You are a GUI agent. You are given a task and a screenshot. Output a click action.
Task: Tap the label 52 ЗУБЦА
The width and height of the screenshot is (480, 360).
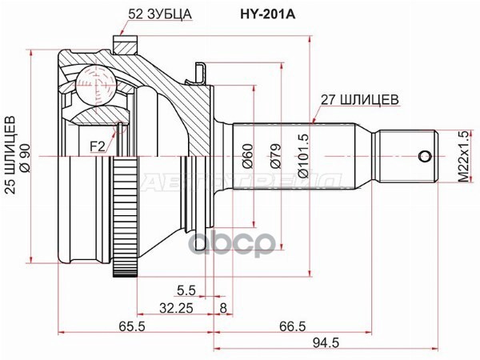[160, 14]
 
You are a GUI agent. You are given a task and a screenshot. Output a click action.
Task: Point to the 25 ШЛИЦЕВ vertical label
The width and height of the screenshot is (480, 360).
[11, 153]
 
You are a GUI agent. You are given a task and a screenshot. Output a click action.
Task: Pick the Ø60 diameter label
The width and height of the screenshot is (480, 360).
[248, 154]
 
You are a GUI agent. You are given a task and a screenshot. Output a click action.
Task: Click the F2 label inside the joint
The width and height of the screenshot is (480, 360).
[96, 146]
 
